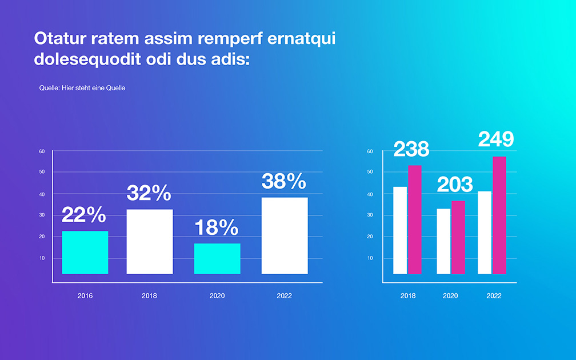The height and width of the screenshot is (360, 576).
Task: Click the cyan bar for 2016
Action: coord(85,253)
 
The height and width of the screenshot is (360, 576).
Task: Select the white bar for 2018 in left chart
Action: coord(150,242)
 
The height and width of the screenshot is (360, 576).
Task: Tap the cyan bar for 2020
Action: coord(217,259)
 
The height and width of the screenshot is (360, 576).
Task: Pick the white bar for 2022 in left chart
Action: coord(285,236)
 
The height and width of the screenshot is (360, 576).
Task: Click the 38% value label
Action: coord(283,181)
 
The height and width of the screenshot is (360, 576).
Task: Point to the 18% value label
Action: coord(217,227)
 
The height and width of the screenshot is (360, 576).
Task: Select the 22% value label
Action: coord(84,214)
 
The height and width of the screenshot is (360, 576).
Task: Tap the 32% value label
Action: coord(149,193)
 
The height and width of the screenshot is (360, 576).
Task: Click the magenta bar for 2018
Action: coord(415,219)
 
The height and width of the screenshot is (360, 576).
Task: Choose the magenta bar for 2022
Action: coord(499,215)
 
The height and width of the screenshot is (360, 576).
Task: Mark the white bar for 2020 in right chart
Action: coord(443,241)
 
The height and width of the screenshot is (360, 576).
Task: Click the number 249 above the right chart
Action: coord(496,139)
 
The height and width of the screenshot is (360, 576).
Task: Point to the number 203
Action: coord(455,185)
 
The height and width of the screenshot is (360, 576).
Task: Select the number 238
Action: coord(411,149)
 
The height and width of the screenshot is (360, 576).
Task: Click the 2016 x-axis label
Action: coord(85,296)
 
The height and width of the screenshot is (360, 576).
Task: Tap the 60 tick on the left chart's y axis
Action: coord(42,151)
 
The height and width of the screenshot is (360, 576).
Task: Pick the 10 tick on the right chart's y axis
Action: coord(370,258)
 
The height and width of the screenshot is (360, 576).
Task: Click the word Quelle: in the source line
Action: coord(50,88)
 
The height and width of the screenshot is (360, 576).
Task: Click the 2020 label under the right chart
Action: coord(450,296)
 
